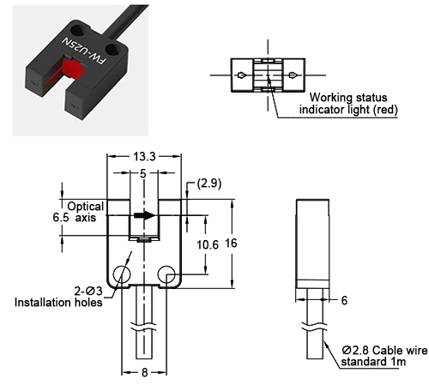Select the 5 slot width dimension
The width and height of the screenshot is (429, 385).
point(142,174)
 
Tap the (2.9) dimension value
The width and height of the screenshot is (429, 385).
point(210,183)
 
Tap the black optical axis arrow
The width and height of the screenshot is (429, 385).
point(145,215)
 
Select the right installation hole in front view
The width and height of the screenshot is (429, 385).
point(166,274)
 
